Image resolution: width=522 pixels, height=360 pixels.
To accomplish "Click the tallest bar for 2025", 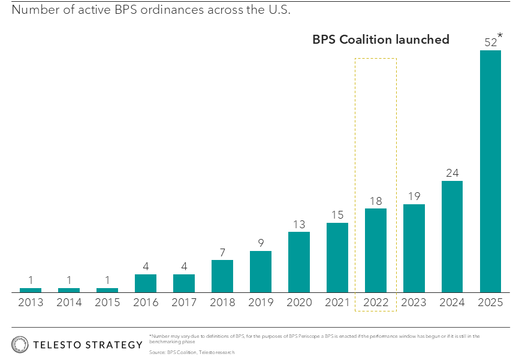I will coord(490,171).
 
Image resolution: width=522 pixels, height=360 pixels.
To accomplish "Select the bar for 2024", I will coord(452,236).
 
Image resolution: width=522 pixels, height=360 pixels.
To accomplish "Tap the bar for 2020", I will coord(299,262).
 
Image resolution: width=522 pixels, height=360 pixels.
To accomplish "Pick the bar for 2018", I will coord(222,276).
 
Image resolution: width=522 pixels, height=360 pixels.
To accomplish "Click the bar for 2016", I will coord(146,283).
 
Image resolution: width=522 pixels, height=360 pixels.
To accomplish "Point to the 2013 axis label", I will coord(31,302).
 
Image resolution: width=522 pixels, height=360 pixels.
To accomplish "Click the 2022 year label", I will coord(376,302).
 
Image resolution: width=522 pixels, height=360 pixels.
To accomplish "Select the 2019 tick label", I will coord(261,302).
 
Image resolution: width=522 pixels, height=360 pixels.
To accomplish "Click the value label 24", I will coord(452,173).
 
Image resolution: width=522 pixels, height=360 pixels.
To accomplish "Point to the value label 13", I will coord(299,224).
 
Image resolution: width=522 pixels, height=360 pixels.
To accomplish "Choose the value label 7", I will coord(222,252).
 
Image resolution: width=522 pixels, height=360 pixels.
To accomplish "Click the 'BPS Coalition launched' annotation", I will coord(381,40).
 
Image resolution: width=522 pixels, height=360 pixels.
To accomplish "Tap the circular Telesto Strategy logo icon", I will coord(20,344).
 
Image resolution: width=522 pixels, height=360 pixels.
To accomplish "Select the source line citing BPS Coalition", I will coord(192,352).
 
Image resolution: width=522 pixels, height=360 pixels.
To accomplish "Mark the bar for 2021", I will coord(337,258).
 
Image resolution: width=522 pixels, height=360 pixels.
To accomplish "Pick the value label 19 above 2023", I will coord(414,196).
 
